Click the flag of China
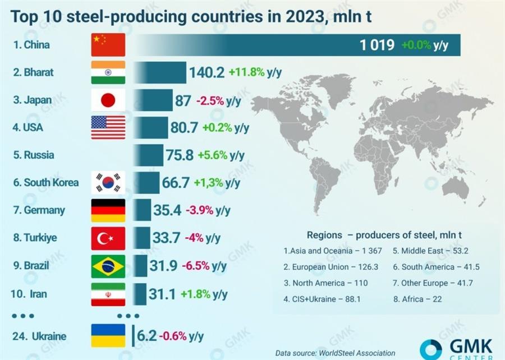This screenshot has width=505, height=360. coord(108,45)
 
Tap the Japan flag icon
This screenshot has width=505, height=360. coord(108,100)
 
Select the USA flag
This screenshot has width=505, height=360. coord(108,127)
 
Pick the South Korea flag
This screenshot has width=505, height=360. coord(108,183)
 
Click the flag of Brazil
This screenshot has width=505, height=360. coord(108,266)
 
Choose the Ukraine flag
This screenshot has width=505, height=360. coord(108,336)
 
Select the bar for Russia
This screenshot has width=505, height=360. coord(148,155)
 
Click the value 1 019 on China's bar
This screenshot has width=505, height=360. coord(377,45)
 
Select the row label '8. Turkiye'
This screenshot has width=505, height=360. coord(35,238)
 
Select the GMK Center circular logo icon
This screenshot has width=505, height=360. coord(430,349)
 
